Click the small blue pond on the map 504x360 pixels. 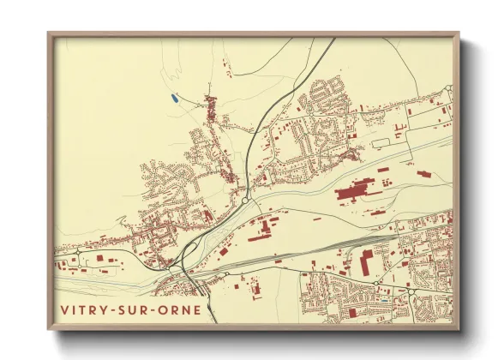174,99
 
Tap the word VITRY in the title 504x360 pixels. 85,310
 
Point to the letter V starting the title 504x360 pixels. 64,310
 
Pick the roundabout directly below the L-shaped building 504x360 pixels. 376,282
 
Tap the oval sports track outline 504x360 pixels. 381,142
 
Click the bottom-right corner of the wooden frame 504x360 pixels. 459,329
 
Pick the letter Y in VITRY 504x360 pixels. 105,310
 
